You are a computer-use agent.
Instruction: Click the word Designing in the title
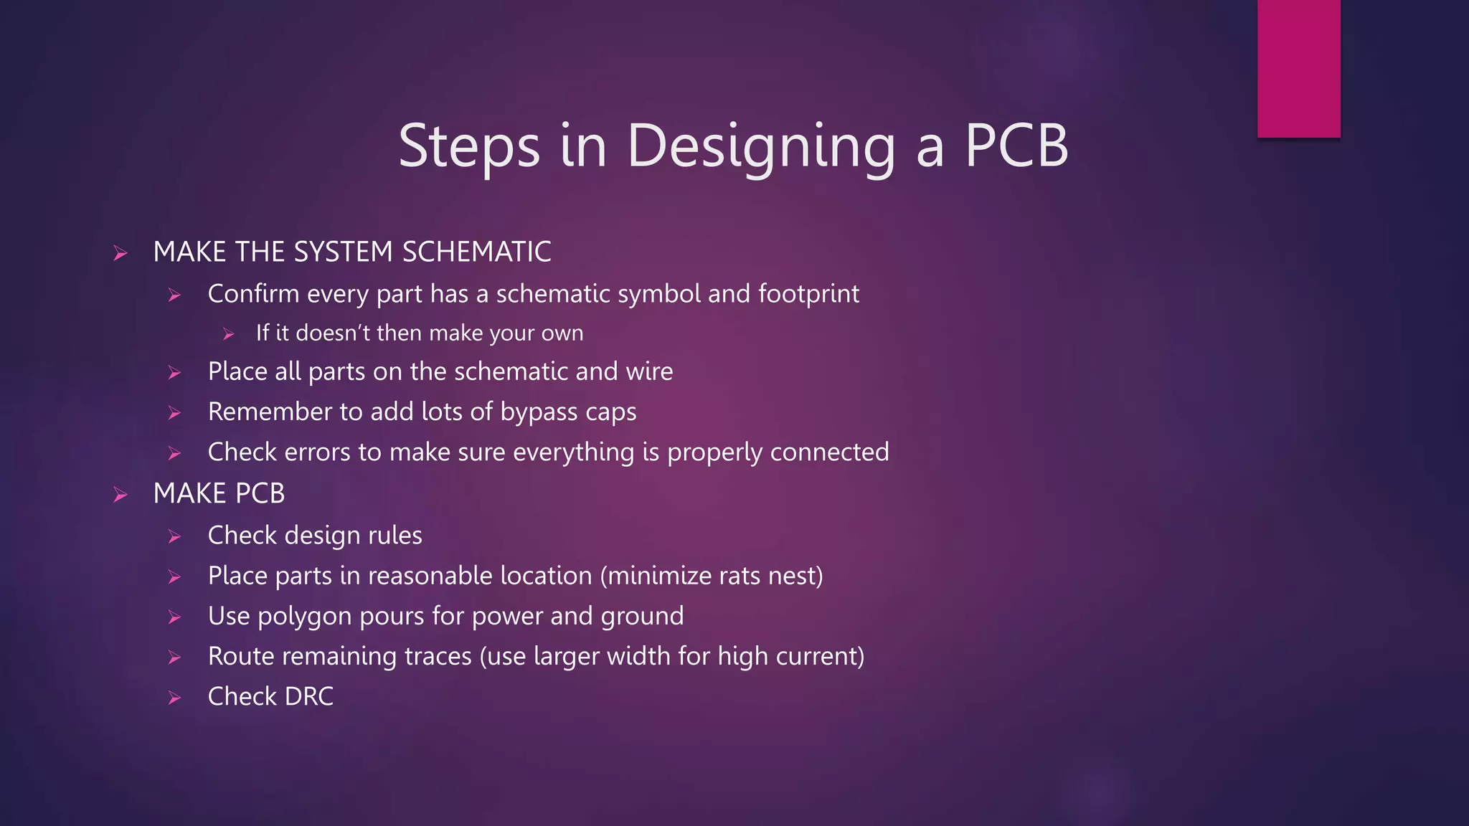[761, 146]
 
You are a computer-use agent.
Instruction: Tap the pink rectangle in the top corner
[1298, 68]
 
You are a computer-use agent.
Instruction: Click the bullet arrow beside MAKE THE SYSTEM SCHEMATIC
[121, 253]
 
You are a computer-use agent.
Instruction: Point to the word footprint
[808, 294]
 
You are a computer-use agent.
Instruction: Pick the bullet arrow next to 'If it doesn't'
[229, 334]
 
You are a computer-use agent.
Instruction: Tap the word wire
[649, 371]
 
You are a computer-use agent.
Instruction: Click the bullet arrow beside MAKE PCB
[121, 495]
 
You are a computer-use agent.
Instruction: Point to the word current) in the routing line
[821, 657]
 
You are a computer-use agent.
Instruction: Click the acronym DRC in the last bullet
[309, 696]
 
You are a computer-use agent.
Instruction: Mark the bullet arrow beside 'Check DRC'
[174, 698]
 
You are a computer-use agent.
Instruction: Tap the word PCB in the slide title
[1016, 146]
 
